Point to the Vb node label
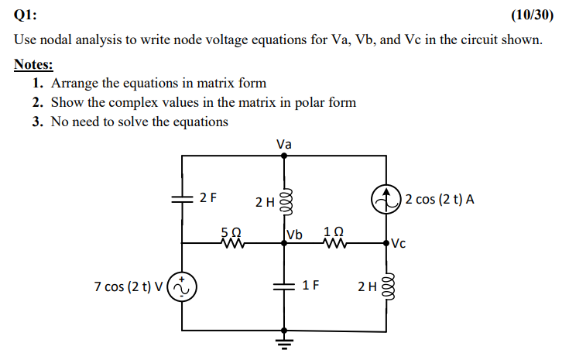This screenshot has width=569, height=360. (295, 235)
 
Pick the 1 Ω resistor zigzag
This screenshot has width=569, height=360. (335, 244)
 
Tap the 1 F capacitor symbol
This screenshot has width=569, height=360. (284, 286)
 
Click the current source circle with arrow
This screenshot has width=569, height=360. (386, 201)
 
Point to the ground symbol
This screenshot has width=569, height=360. (284, 341)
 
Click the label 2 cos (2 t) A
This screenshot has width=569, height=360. (440, 200)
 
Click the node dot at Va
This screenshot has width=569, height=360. (284, 156)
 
